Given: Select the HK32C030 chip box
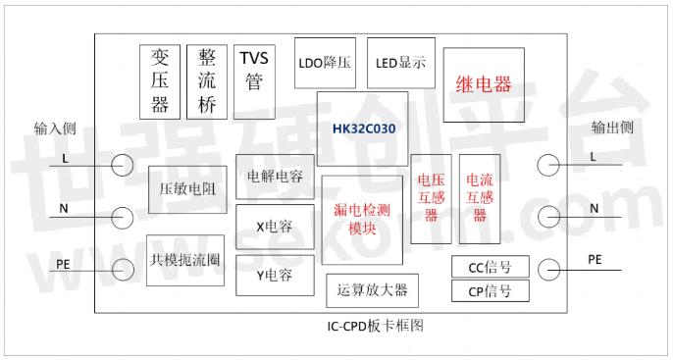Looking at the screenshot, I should coord(363,129).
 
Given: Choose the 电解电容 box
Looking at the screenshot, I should coord(275,177).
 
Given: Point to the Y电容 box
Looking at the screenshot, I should coord(275,275).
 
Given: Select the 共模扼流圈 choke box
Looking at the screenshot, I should coord(185,261).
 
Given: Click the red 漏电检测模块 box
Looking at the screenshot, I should coord(363,220).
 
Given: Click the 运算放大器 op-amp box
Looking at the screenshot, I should coord(371,290).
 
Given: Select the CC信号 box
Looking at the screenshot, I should coord(491,267).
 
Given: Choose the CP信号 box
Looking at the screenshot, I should coord(491,291).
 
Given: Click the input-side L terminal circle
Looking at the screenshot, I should coord(123,166).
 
